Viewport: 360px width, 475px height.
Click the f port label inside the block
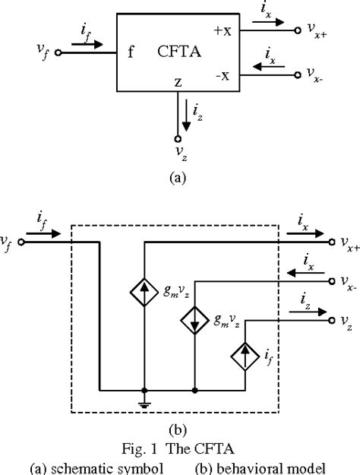pyautogui.click(x=131, y=53)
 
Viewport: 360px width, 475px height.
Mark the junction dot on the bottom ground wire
pyautogui.click(x=195, y=391)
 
